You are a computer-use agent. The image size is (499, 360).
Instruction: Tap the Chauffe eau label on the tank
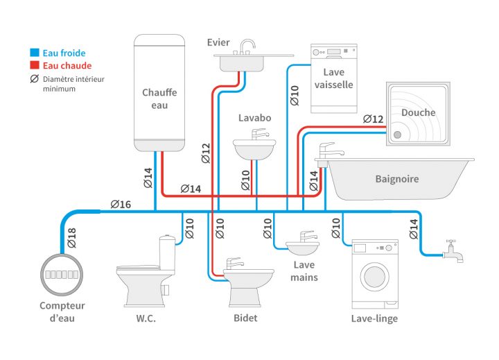tap(159, 98)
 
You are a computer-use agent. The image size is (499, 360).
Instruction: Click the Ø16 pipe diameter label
tap(121, 204)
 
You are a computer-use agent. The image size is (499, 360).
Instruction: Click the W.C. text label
tap(146, 318)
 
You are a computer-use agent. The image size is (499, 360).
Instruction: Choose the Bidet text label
tap(245, 318)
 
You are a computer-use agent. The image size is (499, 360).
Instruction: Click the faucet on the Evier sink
tap(245, 47)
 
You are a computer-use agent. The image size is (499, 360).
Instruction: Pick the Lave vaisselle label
tap(333, 78)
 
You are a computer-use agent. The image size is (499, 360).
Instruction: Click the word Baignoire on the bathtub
tap(396, 179)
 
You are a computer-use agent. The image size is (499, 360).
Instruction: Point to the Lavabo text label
tap(254, 118)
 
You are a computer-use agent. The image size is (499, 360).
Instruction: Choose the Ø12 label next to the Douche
tap(373, 119)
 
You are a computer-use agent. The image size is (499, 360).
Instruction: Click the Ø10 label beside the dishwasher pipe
tap(295, 95)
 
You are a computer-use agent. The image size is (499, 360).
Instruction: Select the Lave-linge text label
tap(374, 318)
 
